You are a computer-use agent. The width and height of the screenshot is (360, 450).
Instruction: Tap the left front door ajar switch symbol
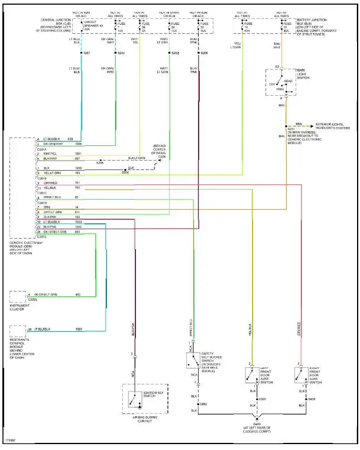point(251,375)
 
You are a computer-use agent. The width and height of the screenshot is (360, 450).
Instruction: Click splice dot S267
point(81,54)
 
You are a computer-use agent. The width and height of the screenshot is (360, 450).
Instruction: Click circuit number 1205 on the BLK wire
point(77,168)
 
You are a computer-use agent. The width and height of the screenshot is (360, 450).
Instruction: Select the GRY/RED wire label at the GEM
point(51,183)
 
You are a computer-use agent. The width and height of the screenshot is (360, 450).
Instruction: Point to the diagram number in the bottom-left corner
point(10,440)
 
